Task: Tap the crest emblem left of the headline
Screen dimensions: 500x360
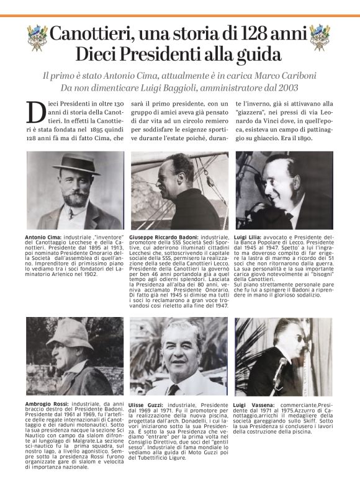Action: (x=37, y=37)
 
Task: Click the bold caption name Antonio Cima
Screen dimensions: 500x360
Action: (x=43, y=237)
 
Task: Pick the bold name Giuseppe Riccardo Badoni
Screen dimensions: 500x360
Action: (x=164, y=237)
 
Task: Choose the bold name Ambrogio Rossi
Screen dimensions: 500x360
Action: (x=46, y=404)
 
